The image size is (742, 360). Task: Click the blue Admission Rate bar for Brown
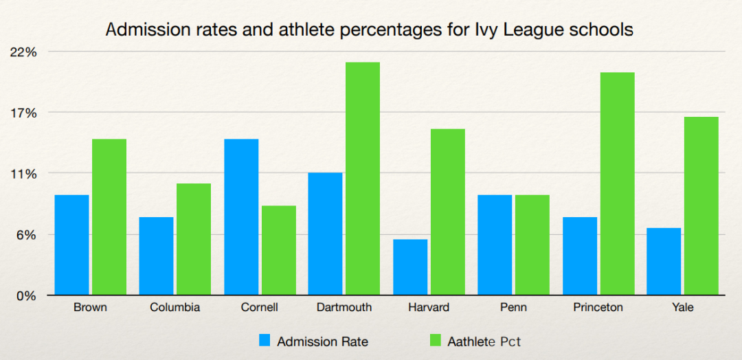point(71,245)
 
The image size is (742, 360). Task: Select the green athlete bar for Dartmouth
point(363,179)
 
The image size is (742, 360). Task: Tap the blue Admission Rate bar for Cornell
point(241,217)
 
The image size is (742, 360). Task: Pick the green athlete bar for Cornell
point(278,251)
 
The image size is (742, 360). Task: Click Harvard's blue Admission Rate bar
point(410,267)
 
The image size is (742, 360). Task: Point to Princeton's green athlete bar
point(617,183)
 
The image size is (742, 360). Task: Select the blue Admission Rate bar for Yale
point(664,262)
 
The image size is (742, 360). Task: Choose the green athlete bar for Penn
point(532,245)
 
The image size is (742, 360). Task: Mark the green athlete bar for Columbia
point(194,239)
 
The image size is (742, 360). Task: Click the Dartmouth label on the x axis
point(344,307)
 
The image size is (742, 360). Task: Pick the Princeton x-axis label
point(598,307)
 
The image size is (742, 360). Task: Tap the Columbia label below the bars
point(175,307)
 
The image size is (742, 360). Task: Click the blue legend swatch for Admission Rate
point(265,340)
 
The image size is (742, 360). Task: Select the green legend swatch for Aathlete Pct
point(435,340)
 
